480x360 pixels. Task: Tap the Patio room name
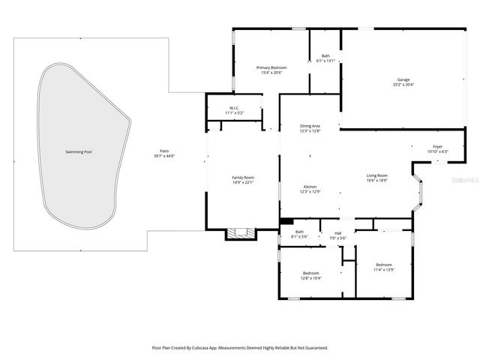click(x=163, y=151)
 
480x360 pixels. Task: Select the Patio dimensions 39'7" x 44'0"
click(x=163, y=156)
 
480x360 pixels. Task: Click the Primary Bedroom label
click(x=271, y=67)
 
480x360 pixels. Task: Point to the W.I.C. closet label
click(x=234, y=108)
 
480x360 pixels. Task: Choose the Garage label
click(x=403, y=79)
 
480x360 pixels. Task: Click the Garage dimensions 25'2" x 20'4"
click(x=403, y=84)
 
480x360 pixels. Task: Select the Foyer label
click(x=437, y=146)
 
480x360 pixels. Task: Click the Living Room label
click(x=376, y=175)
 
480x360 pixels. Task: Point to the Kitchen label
click(x=310, y=187)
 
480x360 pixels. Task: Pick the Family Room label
click(x=243, y=177)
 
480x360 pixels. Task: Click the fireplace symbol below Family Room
click(x=241, y=234)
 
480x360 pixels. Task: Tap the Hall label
click(x=337, y=233)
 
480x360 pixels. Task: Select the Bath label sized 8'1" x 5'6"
click(x=299, y=232)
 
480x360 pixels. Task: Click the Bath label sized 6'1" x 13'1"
click(x=325, y=56)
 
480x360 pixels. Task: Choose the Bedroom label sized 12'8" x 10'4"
click(x=310, y=273)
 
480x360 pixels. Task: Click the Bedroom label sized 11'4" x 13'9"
click(x=384, y=265)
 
